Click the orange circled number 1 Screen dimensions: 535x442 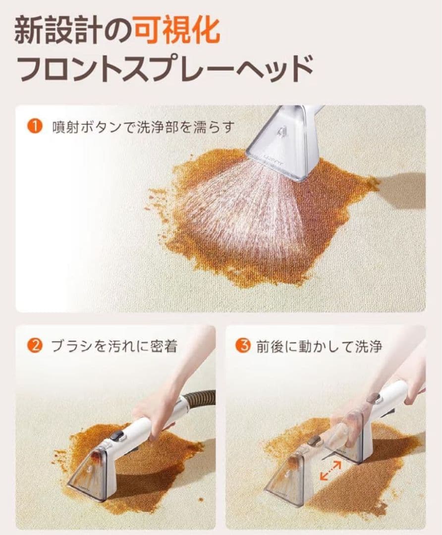[34, 127]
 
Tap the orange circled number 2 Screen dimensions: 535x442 [34, 345]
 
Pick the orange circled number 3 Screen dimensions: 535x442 [242, 345]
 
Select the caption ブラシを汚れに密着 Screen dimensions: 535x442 [114, 346]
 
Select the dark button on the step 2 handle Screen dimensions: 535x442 [117, 436]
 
